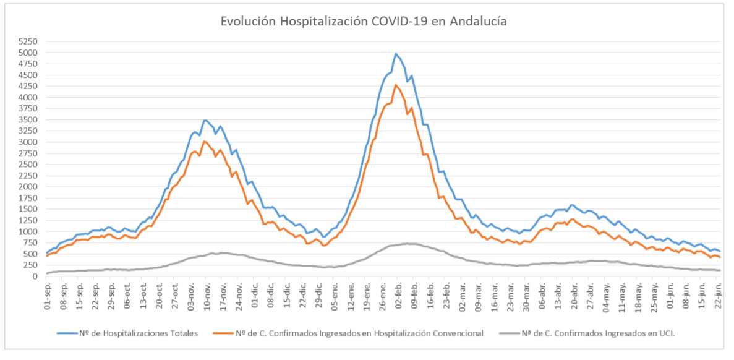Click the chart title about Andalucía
[364, 21]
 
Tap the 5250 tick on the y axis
[29, 41]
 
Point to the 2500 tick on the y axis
[29, 165]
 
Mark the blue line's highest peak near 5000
[395, 54]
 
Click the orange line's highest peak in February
[396, 85]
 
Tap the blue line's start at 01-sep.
[48, 253]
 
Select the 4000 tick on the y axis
[29, 98]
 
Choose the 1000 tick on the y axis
[29, 232]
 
